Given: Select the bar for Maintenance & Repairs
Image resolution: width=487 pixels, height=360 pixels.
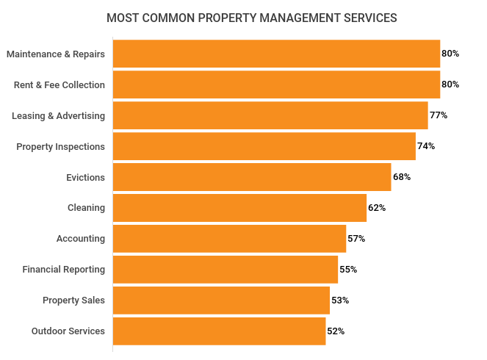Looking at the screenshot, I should [276, 54].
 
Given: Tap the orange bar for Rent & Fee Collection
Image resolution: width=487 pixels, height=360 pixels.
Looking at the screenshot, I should [276, 84].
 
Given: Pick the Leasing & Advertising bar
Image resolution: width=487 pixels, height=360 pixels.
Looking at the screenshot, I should [270, 115].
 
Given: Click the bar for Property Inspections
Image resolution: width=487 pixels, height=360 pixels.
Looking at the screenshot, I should [264, 146].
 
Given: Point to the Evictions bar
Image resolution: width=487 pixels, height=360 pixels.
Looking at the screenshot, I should [252, 177].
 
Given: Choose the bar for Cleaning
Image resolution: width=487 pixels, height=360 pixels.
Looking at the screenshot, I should [239, 208].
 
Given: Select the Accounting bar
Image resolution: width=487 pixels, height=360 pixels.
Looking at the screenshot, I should [229, 239].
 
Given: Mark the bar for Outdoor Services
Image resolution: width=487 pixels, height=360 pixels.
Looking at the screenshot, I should [219, 331].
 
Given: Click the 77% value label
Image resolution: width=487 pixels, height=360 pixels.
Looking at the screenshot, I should [439, 115].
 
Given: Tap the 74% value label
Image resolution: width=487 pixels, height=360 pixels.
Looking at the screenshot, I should [426, 146].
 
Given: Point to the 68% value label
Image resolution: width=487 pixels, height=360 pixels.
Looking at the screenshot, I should [402, 177].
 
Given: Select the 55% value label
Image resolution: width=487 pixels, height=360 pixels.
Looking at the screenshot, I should [348, 270].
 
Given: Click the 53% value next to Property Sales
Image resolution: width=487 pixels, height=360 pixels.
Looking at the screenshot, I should [340, 300].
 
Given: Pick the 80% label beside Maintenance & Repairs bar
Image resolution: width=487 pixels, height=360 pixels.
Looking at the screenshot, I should [450, 54].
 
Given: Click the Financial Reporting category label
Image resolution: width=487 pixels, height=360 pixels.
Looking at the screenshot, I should [64, 270].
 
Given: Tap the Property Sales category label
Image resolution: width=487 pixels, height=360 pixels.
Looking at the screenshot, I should [73, 300].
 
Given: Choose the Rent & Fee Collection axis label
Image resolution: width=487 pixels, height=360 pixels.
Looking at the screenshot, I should [59, 84].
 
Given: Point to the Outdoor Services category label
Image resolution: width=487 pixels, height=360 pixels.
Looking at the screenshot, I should [68, 331].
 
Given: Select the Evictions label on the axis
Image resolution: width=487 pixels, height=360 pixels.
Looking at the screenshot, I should [86, 177].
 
